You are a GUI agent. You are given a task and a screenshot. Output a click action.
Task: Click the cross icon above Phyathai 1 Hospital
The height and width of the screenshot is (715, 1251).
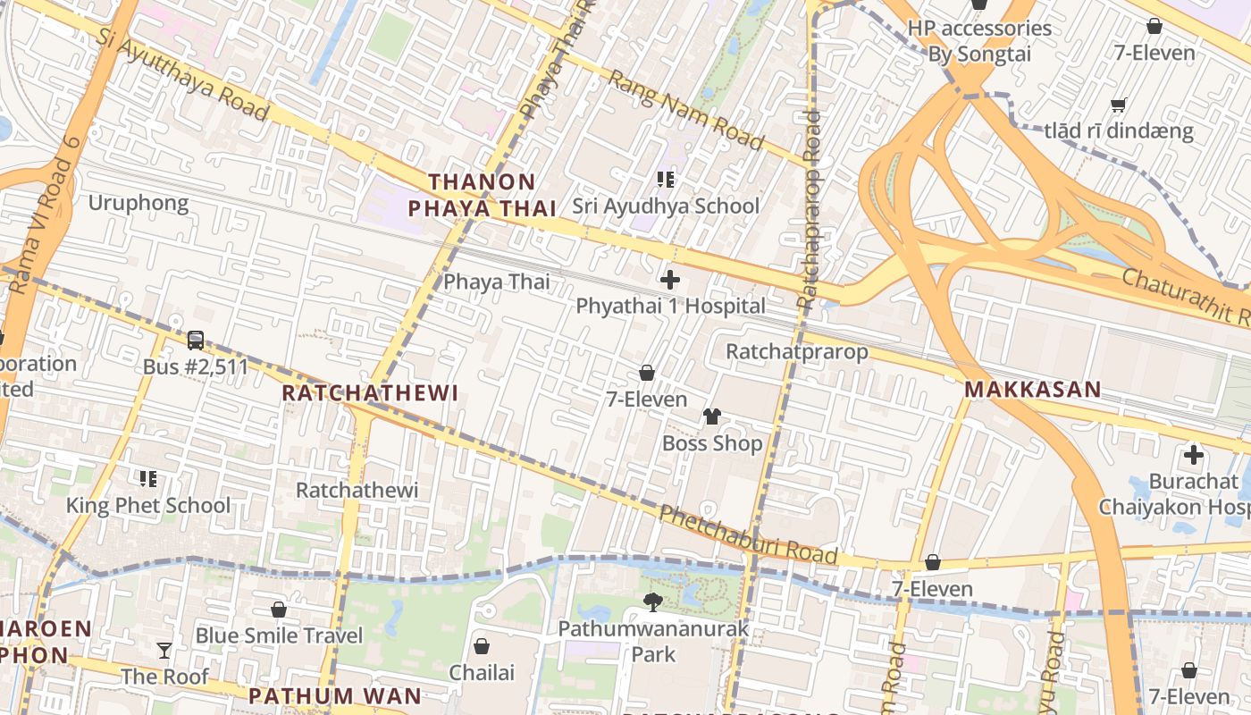click(669, 280)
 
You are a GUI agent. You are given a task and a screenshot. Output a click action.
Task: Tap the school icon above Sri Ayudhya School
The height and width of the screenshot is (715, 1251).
click(665, 180)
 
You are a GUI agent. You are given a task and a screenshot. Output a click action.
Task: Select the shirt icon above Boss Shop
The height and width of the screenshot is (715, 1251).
click(712, 416)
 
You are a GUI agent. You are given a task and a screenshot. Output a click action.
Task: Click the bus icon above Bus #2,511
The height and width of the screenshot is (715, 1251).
click(196, 341)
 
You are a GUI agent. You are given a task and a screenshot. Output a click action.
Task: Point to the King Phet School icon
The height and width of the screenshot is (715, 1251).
click(148, 479)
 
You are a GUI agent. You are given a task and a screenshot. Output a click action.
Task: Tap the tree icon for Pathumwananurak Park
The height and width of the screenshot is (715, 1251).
click(653, 602)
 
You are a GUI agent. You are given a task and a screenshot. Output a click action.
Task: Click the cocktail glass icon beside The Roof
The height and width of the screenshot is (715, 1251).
click(164, 650)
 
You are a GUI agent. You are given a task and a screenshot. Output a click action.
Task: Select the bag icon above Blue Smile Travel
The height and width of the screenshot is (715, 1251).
click(279, 610)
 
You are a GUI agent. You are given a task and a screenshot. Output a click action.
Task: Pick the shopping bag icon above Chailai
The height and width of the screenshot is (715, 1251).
click(482, 645)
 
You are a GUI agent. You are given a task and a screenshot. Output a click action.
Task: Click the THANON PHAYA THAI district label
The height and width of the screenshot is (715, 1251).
click(483, 195)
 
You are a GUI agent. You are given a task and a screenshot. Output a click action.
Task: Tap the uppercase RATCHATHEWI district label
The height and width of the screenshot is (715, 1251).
click(370, 393)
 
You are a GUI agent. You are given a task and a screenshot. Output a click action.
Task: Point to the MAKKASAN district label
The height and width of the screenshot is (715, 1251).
click(1032, 390)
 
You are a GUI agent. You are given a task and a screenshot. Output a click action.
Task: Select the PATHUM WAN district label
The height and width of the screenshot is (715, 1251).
click(334, 695)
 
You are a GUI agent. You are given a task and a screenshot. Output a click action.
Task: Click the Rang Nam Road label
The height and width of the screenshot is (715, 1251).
click(685, 110)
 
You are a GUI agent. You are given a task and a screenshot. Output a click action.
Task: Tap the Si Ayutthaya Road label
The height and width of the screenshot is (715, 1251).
click(182, 77)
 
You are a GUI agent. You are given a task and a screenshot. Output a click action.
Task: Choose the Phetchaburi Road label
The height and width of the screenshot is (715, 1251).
click(748, 535)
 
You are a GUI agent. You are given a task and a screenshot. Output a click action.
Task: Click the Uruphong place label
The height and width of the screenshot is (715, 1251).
click(139, 203)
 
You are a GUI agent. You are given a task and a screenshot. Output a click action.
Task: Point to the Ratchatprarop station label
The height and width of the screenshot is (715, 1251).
click(796, 351)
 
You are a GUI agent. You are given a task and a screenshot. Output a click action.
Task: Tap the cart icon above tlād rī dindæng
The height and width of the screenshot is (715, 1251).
click(1118, 105)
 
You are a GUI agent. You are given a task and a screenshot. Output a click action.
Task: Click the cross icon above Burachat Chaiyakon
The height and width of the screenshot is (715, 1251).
click(1193, 455)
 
